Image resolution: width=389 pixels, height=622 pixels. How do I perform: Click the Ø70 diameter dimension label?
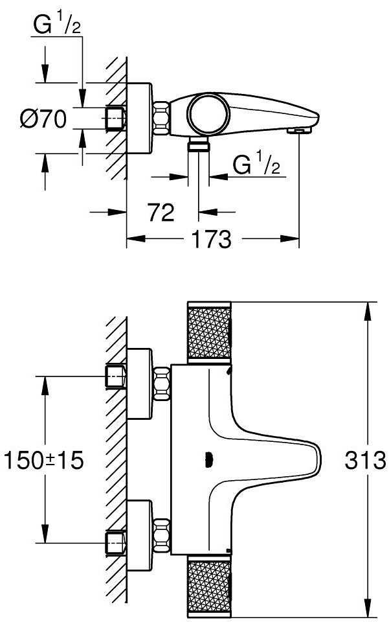(44, 119)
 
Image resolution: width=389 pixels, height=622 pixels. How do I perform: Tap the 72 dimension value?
(161, 212)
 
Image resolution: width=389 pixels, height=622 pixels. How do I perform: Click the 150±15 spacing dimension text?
(44, 461)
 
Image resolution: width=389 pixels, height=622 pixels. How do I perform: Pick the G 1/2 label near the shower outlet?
(256, 167)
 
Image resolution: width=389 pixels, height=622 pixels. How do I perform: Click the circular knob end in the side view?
(208, 114)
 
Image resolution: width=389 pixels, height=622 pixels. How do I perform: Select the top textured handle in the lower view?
(209, 331)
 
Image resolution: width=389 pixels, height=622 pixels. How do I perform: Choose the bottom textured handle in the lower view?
(209, 588)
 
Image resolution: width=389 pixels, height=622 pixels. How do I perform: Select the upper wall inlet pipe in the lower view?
(115, 376)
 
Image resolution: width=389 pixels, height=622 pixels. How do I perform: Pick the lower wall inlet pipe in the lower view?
(115, 542)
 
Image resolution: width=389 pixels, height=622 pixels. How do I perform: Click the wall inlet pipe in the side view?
(115, 119)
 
